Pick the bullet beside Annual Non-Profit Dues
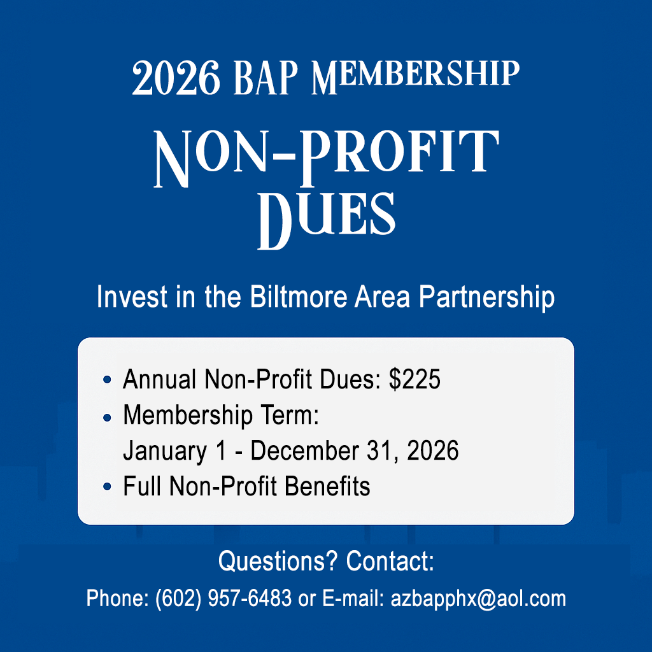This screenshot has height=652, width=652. pos(107,380)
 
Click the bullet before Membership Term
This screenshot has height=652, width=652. pos(107,417)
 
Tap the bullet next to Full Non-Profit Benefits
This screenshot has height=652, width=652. pos(107,488)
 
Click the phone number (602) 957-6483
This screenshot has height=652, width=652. pos(223,599)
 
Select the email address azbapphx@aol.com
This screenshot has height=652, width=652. pos(478,599)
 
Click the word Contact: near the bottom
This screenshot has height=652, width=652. pos(390,562)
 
